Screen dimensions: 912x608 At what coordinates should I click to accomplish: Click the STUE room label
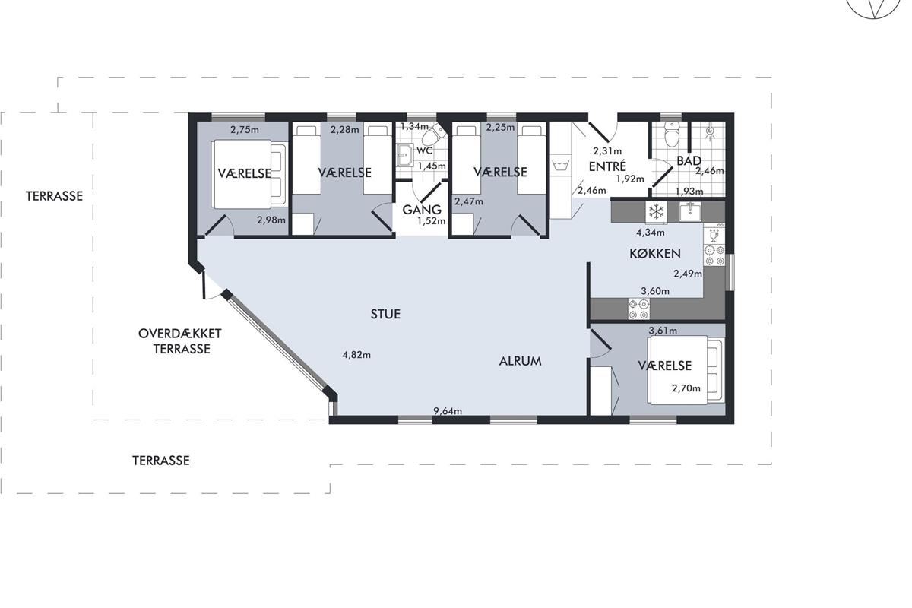click(385, 314)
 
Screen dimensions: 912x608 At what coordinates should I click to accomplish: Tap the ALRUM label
click(520, 361)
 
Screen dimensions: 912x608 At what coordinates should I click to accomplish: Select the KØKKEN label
click(655, 254)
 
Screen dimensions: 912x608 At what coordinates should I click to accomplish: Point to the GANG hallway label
click(422, 210)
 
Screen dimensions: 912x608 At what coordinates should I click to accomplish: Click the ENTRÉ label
click(607, 166)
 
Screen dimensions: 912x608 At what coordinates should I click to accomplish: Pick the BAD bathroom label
click(689, 161)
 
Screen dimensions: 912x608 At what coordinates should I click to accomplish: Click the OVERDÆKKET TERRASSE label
click(180, 341)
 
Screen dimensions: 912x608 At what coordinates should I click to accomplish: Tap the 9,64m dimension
click(448, 411)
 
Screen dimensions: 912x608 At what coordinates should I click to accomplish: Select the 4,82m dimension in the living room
click(356, 355)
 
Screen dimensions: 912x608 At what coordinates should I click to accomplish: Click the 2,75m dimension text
click(245, 130)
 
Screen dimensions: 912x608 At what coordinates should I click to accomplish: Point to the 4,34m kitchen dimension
click(651, 233)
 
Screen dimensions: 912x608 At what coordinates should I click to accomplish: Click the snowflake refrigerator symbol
click(656, 211)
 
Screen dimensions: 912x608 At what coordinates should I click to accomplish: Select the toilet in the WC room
click(433, 135)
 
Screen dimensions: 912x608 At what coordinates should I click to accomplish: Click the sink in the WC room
click(404, 155)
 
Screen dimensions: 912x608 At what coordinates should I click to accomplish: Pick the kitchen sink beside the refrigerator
click(690, 211)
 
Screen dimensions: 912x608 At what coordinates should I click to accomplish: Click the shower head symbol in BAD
click(710, 131)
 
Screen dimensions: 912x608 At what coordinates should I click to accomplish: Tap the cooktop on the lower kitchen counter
click(639, 309)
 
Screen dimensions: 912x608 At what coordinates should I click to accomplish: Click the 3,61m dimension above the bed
click(663, 331)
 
